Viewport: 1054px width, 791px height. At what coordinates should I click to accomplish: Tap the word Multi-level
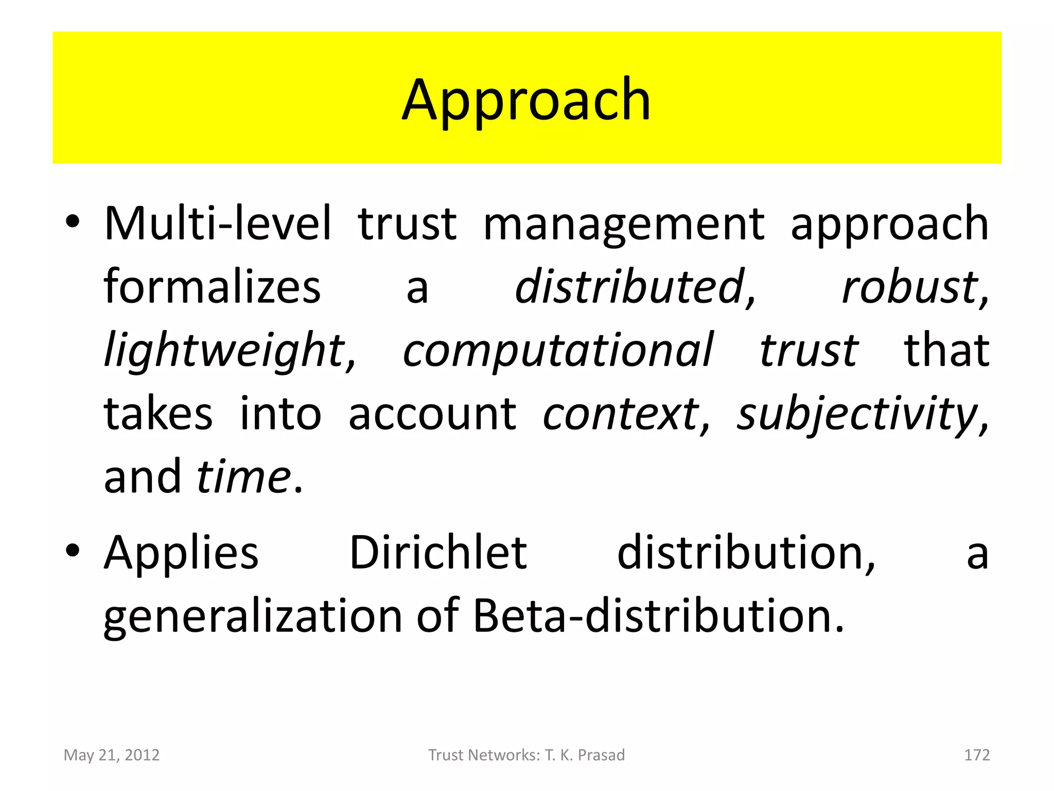pos(218,224)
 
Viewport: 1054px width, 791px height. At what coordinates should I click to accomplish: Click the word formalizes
pos(212,287)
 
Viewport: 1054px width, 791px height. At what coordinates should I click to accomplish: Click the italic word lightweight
pos(225,351)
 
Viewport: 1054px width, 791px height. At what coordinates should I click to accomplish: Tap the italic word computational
pos(558,351)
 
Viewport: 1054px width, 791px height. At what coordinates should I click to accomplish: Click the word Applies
pos(181,553)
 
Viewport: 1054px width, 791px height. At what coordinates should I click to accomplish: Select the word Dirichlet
pos(438,553)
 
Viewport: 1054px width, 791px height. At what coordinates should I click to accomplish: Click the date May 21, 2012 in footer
pos(112,755)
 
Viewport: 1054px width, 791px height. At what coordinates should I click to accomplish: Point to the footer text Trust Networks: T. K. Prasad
pos(526,755)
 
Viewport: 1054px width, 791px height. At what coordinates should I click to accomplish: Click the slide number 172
pos(977,755)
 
